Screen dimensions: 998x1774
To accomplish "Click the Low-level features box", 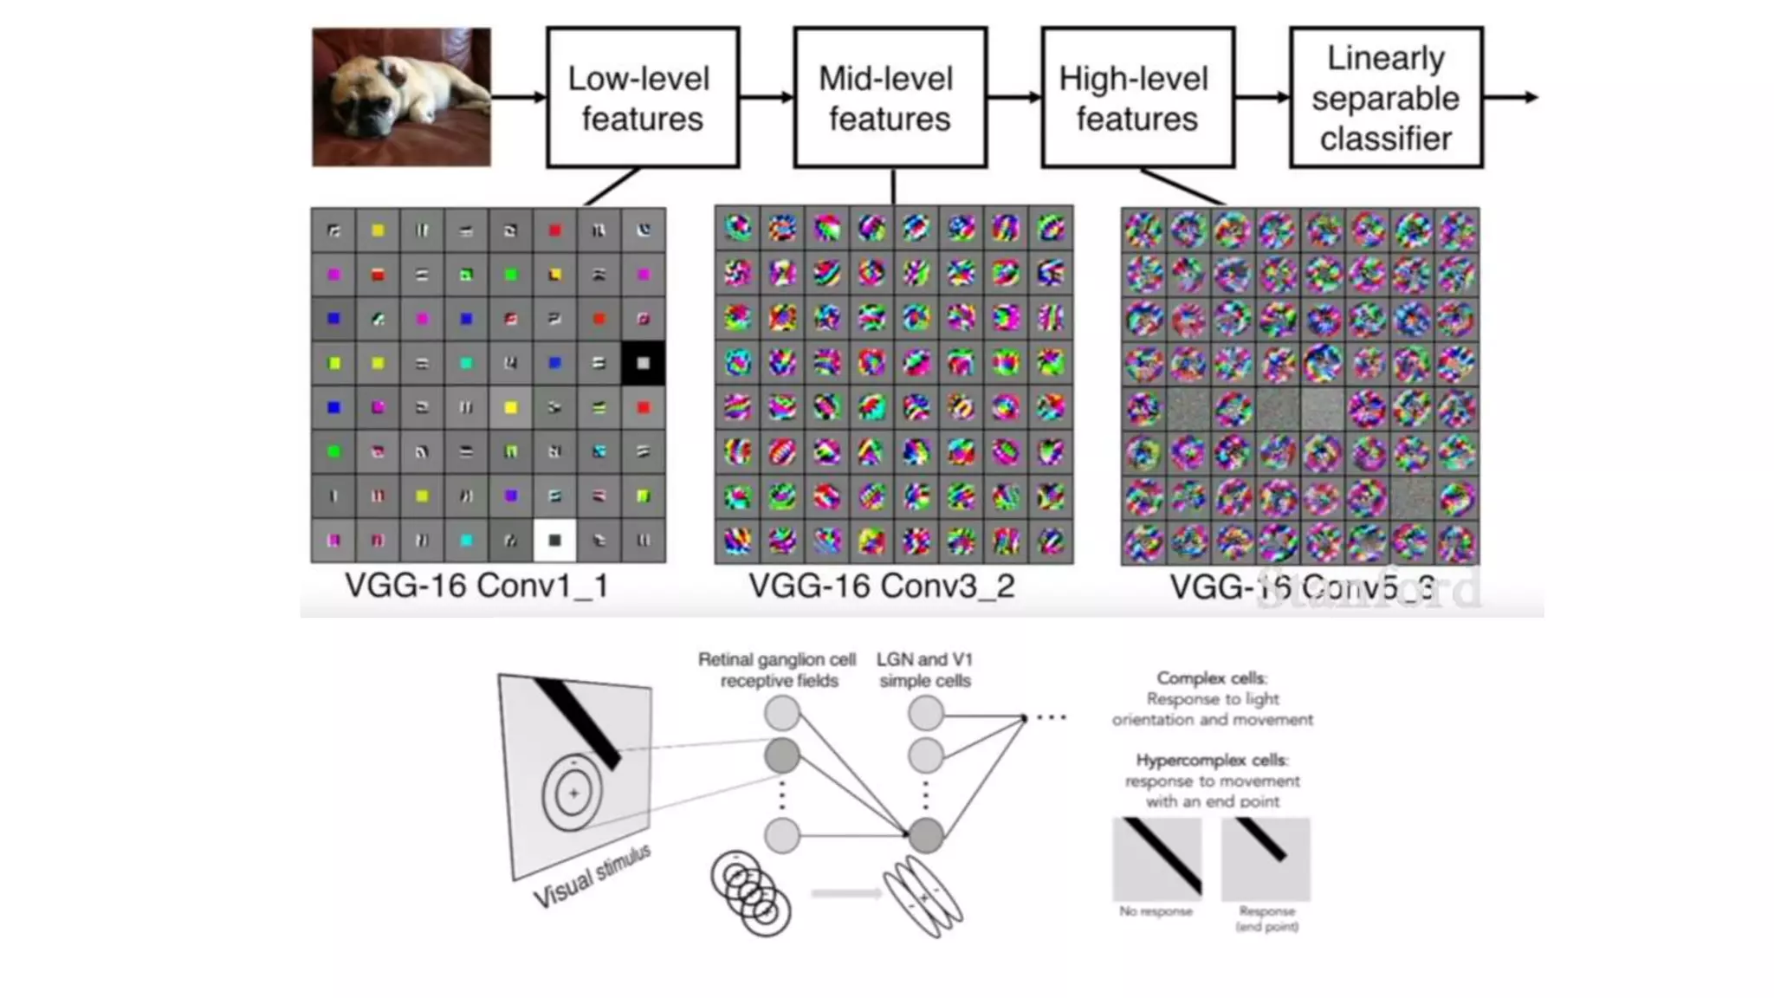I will click(642, 97).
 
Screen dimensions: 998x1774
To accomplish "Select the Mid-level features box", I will click(890, 97).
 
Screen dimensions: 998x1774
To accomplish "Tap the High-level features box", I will click(1137, 97).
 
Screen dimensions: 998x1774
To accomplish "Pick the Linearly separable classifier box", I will click(1385, 97).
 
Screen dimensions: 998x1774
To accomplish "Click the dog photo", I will click(401, 97).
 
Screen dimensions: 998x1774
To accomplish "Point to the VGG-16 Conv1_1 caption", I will click(476, 586).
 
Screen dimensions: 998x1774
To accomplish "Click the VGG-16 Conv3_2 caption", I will click(881, 586).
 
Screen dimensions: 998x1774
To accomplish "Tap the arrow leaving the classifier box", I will click(1511, 97).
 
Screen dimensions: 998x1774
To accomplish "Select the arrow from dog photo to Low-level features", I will click(518, 97).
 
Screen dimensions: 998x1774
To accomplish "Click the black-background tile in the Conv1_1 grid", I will click(643, 363).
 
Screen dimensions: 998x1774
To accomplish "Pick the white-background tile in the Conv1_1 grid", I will click(554, 540).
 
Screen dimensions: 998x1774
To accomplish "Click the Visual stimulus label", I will click(591, 877).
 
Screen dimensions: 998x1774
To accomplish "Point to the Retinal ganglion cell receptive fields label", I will click(777, 671).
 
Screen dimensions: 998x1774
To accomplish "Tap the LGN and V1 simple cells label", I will click(924, 671).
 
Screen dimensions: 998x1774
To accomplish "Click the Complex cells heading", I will click(1212, 678).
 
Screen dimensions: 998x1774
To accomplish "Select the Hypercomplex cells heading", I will click(1212, 761).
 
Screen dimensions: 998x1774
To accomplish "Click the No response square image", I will click(1156, 859).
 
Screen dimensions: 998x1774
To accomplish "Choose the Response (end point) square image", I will click(1266, 859).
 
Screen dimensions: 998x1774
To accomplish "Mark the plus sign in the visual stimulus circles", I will click(573, 793).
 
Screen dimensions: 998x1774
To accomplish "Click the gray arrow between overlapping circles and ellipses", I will click(845, 893).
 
